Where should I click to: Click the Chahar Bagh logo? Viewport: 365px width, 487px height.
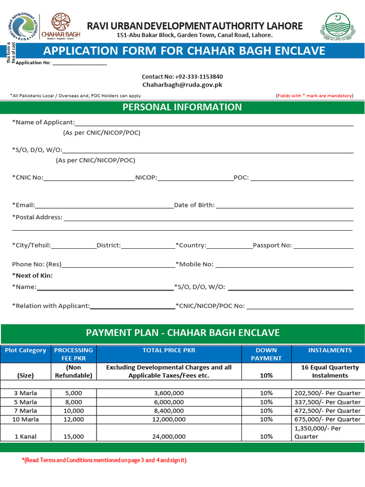coord(61,26)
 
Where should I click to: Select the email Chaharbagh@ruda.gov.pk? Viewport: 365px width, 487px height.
coord(182,85)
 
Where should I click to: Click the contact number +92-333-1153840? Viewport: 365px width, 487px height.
coord(182,77)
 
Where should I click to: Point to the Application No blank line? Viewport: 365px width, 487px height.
coord(79,64)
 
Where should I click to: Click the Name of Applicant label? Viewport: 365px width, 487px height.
coord(43,122)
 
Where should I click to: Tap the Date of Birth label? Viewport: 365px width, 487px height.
coord(194,205)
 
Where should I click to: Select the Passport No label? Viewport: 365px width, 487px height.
coord(272,245)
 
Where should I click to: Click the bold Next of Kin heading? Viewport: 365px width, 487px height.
coord(32,275)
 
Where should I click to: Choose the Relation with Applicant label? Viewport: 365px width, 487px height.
coord(51,306)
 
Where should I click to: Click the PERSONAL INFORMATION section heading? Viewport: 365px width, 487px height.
coord(182,107)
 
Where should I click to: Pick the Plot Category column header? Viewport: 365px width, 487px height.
coord(26,351)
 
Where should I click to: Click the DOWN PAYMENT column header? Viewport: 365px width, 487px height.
coord(266,354)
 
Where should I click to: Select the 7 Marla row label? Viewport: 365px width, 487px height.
coord(26,410)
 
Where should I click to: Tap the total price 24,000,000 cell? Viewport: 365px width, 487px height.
coord(170,436)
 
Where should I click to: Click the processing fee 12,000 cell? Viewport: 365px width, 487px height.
coord(74,419)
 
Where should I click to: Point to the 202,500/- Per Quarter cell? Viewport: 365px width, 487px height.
coord(327,393)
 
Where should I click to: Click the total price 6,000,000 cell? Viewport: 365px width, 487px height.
coord(170,402)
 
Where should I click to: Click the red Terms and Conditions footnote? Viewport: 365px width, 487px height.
coord(104,460)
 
